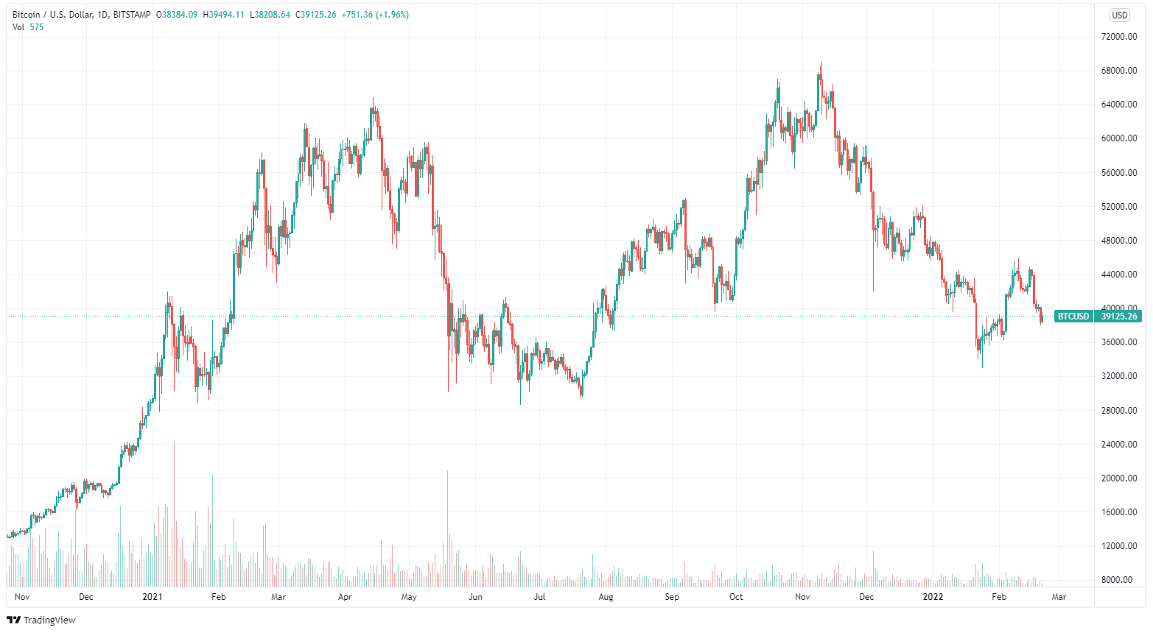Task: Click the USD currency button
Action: tap(1119, 15)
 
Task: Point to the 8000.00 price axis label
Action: tap(1120, 580)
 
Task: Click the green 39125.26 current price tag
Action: tap(1118, 316)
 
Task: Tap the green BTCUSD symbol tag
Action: tap(1073, 316)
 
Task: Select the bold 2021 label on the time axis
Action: tap(153, 597)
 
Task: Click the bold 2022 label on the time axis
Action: tap(933, 597)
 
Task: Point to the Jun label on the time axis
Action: tap(475, 597)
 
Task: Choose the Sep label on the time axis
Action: tap(672, 597)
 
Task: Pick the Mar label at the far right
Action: tap(1059, 597)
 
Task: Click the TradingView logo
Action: tap(41, 620)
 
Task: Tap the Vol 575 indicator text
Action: tap(28, 27)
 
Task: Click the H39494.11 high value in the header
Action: tap(224, 15)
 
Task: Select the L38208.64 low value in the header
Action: tap(270, 15)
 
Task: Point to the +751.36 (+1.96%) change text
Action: tap(375, 15)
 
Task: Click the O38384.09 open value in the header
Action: tap(177, 15)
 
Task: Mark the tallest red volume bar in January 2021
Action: tap(175, 515)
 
